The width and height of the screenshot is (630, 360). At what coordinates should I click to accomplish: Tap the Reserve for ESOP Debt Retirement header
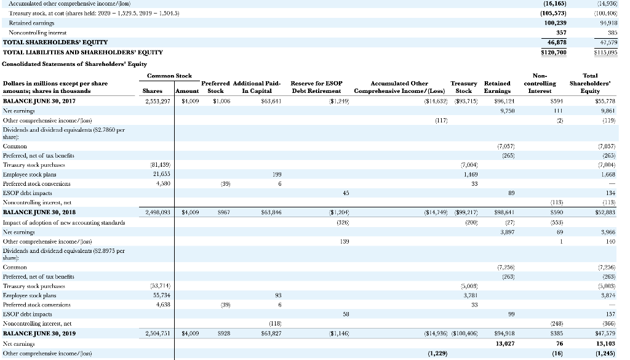point(316,87)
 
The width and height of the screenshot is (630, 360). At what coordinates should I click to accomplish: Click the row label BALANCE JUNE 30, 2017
point(39,100)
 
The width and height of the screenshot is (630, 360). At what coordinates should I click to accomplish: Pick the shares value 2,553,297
point(149,100)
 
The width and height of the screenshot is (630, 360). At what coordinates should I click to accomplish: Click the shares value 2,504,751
point(149,334)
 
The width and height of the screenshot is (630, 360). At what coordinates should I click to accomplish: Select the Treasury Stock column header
point(463,87)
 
